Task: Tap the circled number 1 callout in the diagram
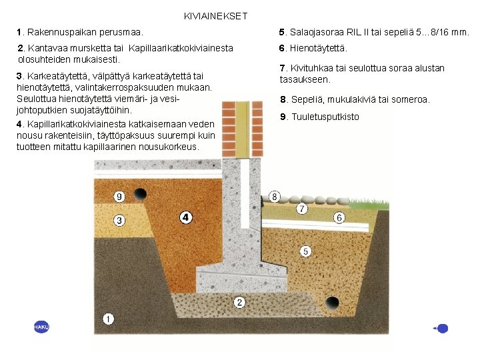109,319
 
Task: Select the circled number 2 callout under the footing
239,303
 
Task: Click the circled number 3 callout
119,220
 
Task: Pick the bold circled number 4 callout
185,217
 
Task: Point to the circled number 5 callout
305,251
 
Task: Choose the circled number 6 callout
339,218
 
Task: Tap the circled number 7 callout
302,209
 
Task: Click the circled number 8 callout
274,197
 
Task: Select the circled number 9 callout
119,197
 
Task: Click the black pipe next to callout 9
140,195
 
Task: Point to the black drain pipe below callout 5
331,303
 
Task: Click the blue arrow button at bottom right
441,328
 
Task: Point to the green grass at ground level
377,201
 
